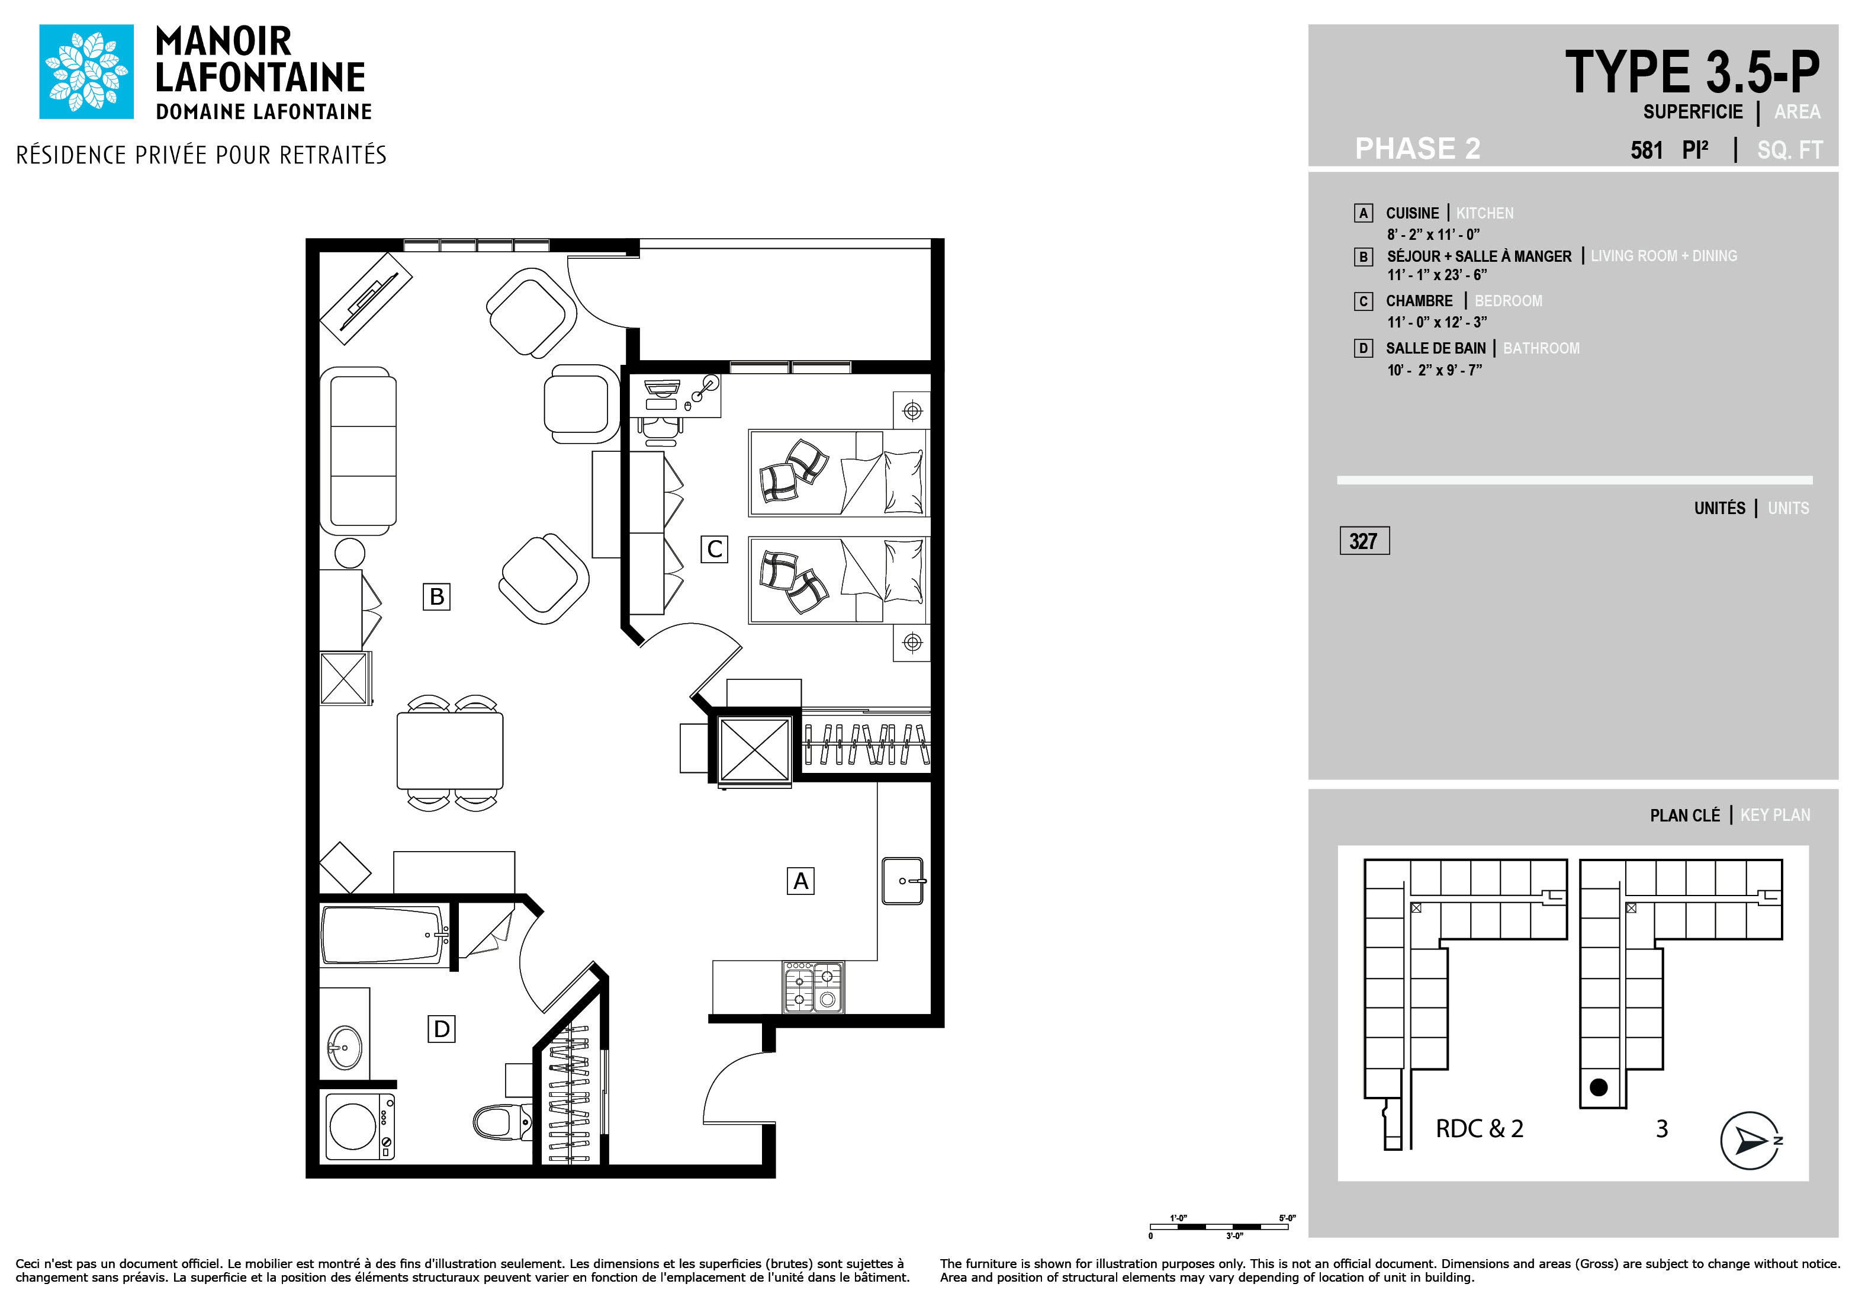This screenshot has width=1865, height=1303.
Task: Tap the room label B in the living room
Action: (x=436, y=596)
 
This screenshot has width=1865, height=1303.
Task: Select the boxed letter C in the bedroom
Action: (x=714, y=549)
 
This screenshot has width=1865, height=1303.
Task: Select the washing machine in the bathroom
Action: (x=359, y=1127)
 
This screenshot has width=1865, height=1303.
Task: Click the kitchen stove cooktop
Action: (x=813, y=987)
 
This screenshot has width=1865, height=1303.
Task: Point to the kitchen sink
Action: (x=902, y=881)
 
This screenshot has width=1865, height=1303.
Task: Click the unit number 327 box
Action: (x=1364, y=540)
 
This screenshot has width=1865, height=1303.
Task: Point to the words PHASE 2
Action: (x=1417, y=148)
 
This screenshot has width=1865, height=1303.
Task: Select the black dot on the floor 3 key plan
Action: (x=1598, y=1087)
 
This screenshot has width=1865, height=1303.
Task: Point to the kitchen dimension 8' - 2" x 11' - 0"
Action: (x=1433, y=235)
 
